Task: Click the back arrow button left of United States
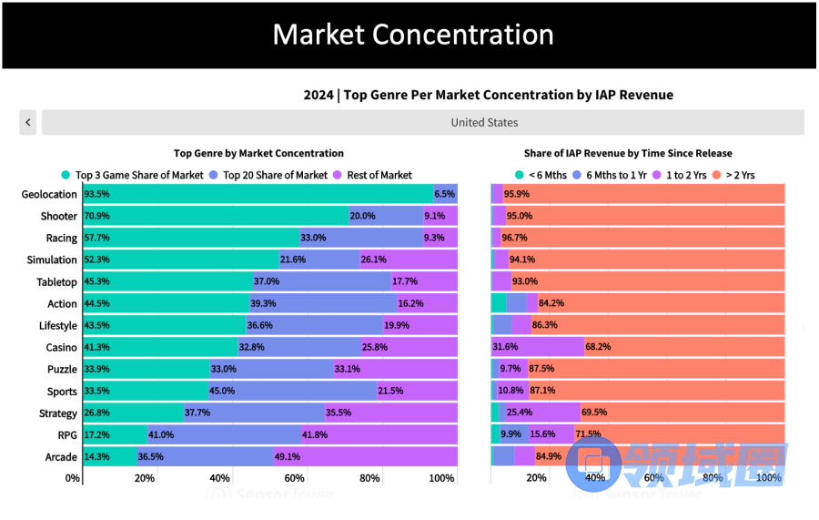tap(28, 122)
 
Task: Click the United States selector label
tap(484, 122)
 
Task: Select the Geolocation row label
tap(49, 194)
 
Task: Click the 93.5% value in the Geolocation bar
tap(96, 194)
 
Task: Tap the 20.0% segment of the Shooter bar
tap(362, 216)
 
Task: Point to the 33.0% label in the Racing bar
tap(313, 238)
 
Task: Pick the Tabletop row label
tap(56, 281)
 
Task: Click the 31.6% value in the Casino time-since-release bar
tap(505, 347)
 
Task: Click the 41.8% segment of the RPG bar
tap(314, 434)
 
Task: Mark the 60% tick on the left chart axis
tap(294, 478)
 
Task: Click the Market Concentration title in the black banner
tap(413, 35)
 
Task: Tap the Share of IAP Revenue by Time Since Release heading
tap(628, 153)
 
